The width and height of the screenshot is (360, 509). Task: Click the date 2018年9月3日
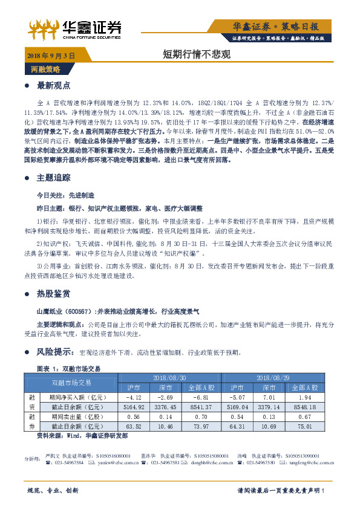(x=51, y=55)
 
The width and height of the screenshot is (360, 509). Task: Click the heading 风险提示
(x=54, y=351)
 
